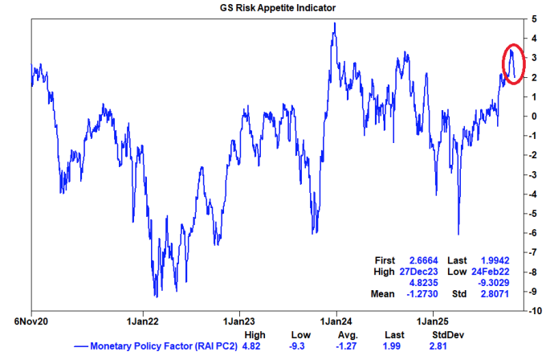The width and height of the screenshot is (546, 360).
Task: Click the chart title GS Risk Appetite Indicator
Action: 274,7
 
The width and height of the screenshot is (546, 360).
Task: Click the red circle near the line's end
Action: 513,65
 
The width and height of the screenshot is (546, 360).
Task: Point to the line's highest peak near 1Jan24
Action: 334,23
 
